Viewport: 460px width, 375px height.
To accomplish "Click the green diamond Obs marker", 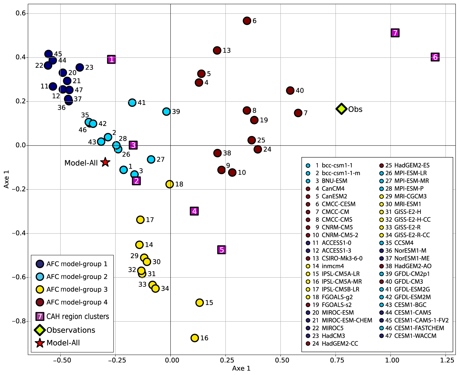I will pyautogui.click(x=341, y=109).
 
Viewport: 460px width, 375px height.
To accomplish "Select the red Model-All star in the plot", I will pyautogui.click(x=105, y=162).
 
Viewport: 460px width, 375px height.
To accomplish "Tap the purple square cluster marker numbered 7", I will pyautogui.click(x=395, y=33).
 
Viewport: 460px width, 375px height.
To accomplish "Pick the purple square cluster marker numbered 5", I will pyautogui.click(x=221, y=250).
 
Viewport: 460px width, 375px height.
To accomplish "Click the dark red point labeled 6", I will pyautogui.click(x=247, y=21).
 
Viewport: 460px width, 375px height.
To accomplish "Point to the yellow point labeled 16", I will pyautogui.click(x=195, y=338).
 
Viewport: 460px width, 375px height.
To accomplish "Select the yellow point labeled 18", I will pyautogui.click(x=170, y=184).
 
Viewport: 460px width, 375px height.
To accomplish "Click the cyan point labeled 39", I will pyautogui.click(x=166, y=112).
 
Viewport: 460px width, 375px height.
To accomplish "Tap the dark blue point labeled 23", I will pyautogui.click(x=80, y=67).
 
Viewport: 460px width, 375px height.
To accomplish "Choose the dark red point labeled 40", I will pyautogui.click(x=290, y=91).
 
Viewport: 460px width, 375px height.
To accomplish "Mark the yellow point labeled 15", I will pyautogui.click(x=200, y=303).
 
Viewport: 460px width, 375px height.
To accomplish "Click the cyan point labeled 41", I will pyautogui.click(x=132, y=103).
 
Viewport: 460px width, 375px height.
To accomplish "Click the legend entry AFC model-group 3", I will pyautogui.click(x=77, y=289).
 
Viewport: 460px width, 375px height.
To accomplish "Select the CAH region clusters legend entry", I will pyautogui.click(x=77, y=316).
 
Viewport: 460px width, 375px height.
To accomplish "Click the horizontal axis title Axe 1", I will pyautogui.click(x=241, y=368).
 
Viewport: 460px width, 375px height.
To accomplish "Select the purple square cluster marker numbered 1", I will pyautogui.click(x=112, y=60).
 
